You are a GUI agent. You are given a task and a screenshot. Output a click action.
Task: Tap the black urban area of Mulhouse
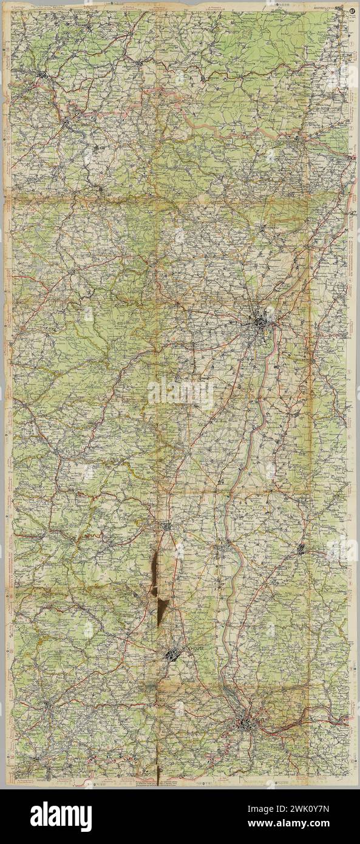click(172, 654)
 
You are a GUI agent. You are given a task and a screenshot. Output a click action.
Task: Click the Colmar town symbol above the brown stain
click(168, 525)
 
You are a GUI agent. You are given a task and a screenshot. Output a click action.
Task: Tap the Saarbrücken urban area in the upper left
click(42, 76)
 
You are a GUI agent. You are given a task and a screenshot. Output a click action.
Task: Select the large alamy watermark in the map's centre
click(180, 393)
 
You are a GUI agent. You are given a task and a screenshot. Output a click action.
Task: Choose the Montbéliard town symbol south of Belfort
click(38, 759)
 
